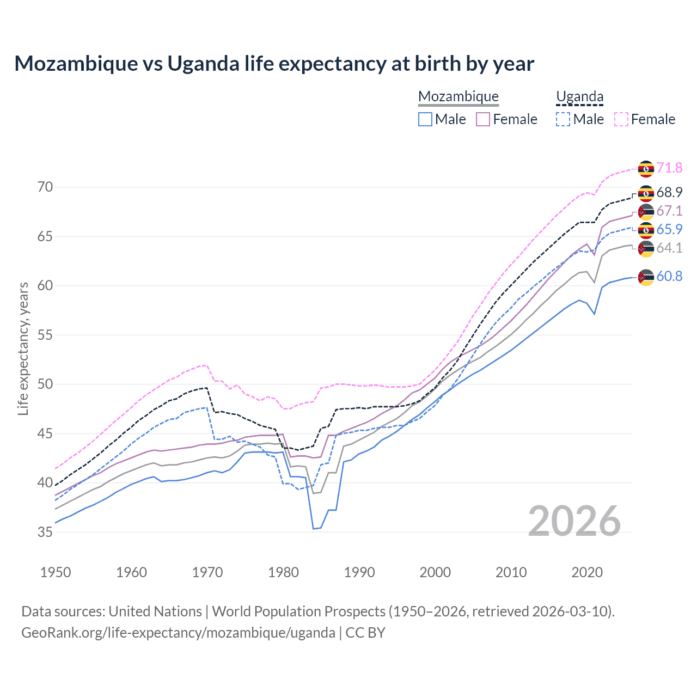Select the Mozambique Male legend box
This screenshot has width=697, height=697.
(x=425, y=119)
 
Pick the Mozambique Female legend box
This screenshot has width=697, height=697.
(x=483, y=119)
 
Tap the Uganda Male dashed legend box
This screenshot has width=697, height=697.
(x=563, y=119)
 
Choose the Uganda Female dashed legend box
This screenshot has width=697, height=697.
(x=621, y=119)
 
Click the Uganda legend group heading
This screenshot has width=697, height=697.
(x=579, y=97)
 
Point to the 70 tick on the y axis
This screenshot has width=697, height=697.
(x=45, y=187)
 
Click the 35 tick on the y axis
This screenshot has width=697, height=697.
(x=45, y=532)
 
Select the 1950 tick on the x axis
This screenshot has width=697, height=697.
(x=56, y=572)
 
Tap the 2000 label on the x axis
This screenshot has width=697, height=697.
(x=435, y=572)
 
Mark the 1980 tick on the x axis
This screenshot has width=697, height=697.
(x=283, y=572)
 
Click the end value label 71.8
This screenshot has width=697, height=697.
(x=669, y=168)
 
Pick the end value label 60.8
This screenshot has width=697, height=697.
(x=669, y=277)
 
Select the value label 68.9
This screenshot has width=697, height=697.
(x=669, y=193)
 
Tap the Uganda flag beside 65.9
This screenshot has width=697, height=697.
(x=646, y=230)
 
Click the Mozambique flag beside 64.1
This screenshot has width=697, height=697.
(x=646, y=249)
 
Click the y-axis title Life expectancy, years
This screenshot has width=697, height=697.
(x=23, y=348)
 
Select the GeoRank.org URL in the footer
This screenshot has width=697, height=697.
(x=178, y=633)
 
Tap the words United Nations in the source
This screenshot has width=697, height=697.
(x=155, y=612)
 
